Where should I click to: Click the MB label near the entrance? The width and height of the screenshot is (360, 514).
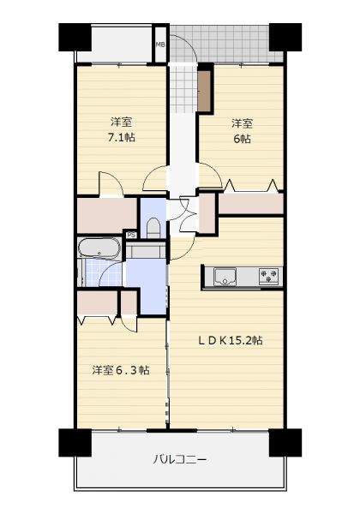(x=160, y=45)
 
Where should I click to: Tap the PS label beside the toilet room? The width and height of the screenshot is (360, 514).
(x=132, y=235)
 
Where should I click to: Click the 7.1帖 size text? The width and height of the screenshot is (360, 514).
(x=122, y=137)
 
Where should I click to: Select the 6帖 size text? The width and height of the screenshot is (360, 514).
(x=242, y=139)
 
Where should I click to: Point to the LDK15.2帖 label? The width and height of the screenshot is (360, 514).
(x=231, y=341)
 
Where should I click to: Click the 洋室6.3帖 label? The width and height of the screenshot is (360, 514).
(x=121, y=370)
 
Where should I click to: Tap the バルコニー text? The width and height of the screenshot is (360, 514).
(x=180, y=459)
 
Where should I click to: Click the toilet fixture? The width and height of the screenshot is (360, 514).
(x=153, y=228)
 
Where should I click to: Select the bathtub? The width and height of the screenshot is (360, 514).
(x=99, y=248)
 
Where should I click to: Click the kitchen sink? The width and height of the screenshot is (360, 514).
(x=225, y=277)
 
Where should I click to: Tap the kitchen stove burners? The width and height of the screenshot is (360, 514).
(x=268, y=275)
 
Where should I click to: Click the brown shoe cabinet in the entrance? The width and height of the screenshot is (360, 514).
(x=205, y=91)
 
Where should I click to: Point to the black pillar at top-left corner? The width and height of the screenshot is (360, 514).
(x=75, y=37)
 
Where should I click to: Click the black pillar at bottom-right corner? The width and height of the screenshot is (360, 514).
(x=285, y=442)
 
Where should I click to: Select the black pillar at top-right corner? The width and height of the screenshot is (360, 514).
(x=285, y=37)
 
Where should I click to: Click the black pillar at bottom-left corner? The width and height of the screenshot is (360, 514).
(x=75, y=442)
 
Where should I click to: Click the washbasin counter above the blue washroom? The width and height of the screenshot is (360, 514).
(x=146, y=250)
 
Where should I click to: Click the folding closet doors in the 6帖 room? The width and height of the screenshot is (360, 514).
(x=252, y=186)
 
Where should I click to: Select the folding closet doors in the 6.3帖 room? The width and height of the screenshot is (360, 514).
(x=98, y=320)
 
